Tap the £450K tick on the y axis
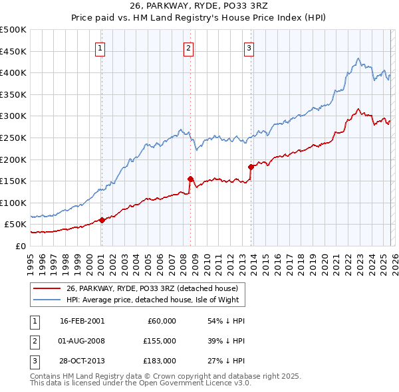tap(14, 51)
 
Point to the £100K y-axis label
tap(14, 203)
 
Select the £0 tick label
tap(21, 246)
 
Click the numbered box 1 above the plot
tap(100, 47)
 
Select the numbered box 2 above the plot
tap(188, 47)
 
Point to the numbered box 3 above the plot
tap(249, 47)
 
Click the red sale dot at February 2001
tap(102, 220)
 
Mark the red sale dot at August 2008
tap(190, 179)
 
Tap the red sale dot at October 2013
tap(251, 167)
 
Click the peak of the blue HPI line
tap(358, 58)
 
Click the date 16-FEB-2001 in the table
tap(82, 321)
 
